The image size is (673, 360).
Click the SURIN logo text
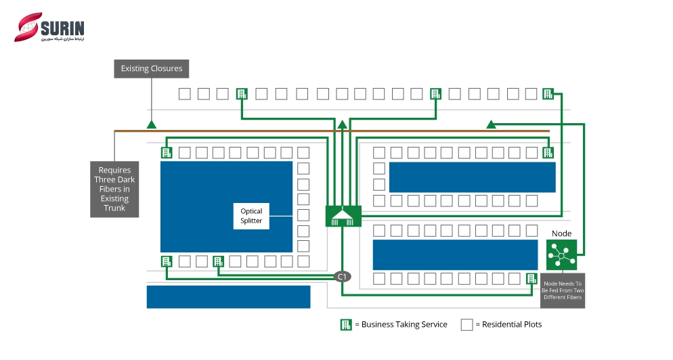click(62, 28)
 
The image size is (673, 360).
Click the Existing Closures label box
click(151, 68)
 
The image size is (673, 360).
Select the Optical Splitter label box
click(251, 216)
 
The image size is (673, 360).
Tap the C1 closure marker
click(343, 276)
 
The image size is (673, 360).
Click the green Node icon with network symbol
click(561, 254)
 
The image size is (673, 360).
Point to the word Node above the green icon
click(561, 233)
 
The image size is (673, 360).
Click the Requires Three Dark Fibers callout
click(114, 189)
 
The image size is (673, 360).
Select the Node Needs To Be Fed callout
click(563, 290)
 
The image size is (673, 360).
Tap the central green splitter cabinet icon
click(343, 216)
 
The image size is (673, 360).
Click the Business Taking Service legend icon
click(346, 325)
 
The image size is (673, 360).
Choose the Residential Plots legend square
click(466, 325)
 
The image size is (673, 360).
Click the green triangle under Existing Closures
click(152, 125)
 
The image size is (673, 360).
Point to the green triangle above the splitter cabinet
click(343, 124)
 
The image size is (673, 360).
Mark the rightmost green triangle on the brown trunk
click(492, 125)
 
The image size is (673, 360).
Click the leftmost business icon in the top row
click(242, 94)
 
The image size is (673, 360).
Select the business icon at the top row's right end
click(548, 94)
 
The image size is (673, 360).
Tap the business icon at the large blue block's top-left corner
click(167, 152)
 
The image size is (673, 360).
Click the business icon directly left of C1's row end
click(218, 261)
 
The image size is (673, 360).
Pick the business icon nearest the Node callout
click(532, 278)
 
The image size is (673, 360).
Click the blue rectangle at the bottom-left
click(228, 296)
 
